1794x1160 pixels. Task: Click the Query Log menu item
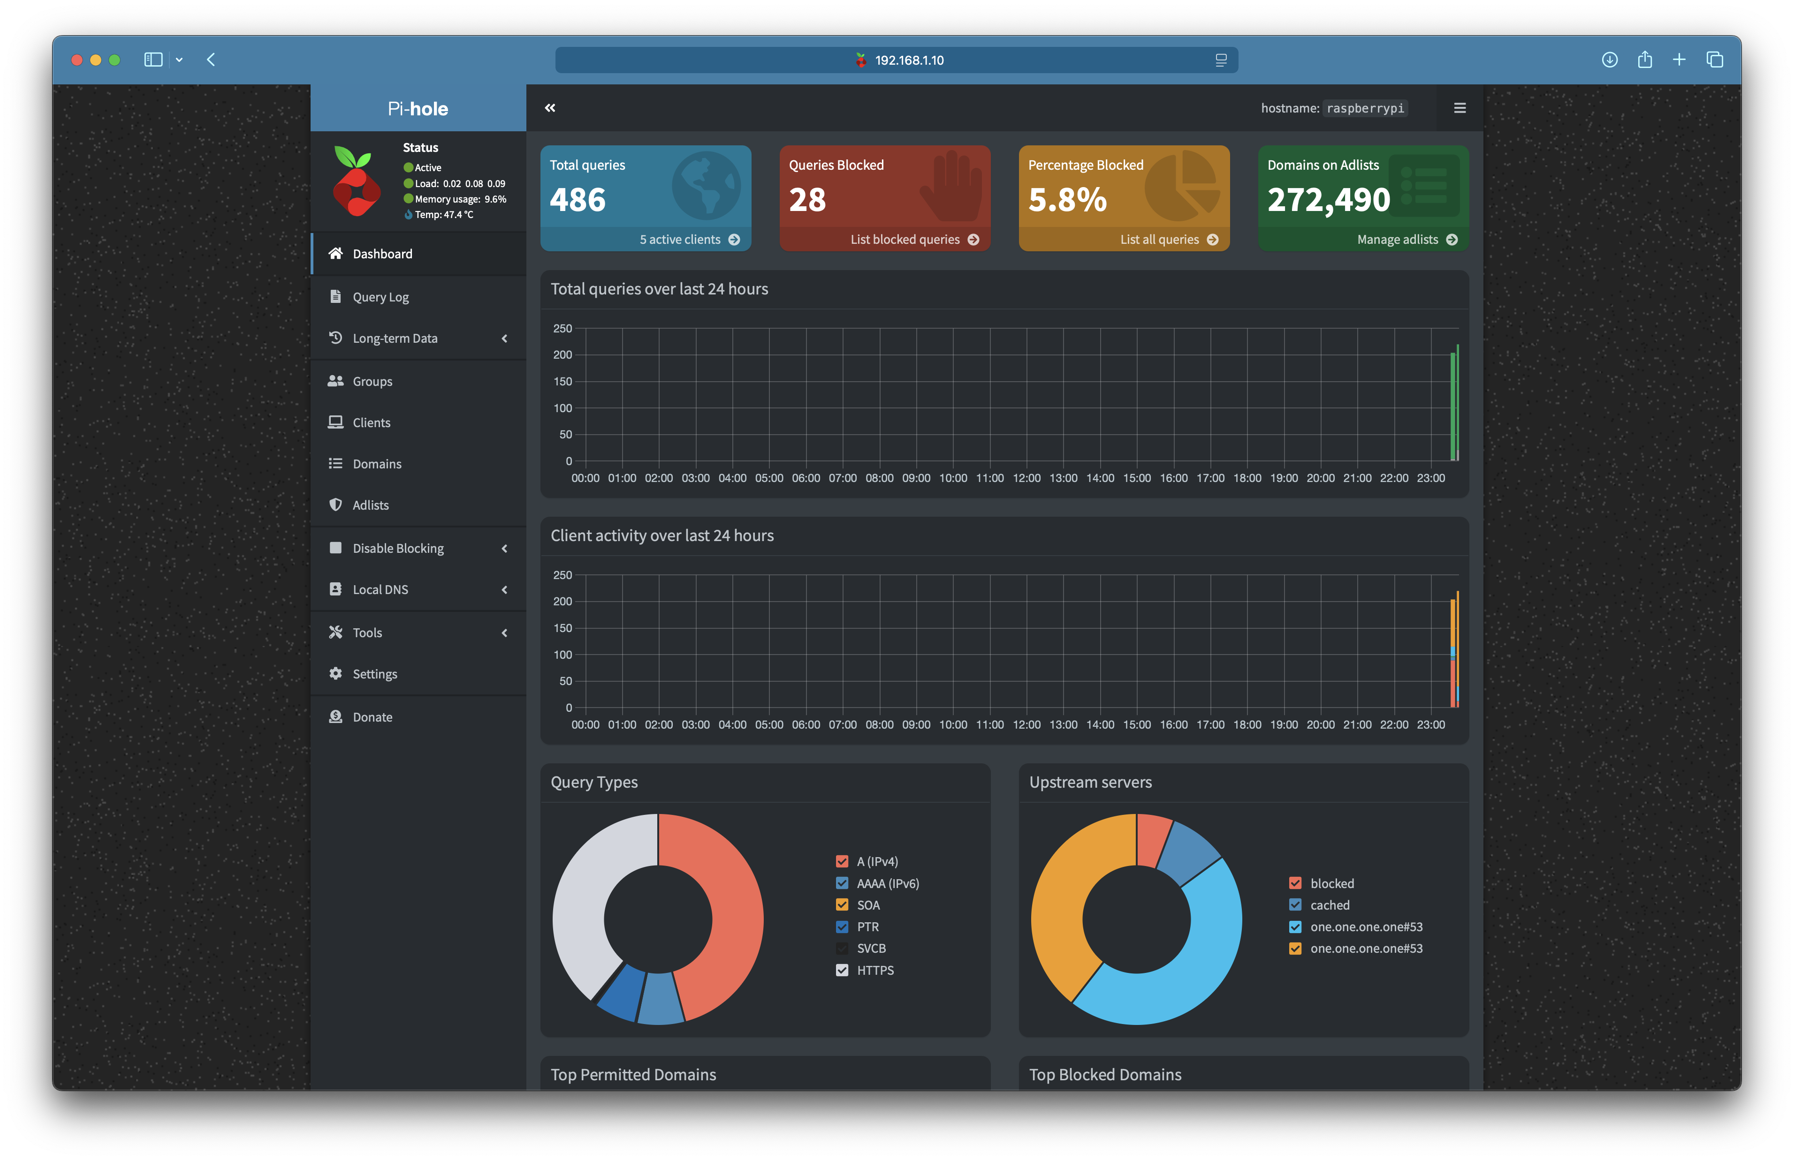pyautogui.click(x=380, y=297)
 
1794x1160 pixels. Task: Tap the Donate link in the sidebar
pyautogui.click(x=372, y=717)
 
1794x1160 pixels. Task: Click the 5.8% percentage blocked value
pyautogui.click(x=1067, y=200)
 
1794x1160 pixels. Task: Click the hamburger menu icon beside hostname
pyautogui.click(x=1460, y=108)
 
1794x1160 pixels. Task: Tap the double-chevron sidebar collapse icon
pyautogui.click(x=550, y=108)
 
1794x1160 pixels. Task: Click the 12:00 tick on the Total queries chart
pyautogui.click(x=1026, y=478)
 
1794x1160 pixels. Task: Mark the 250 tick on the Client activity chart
pyautogui.click(x=562, y=575)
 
